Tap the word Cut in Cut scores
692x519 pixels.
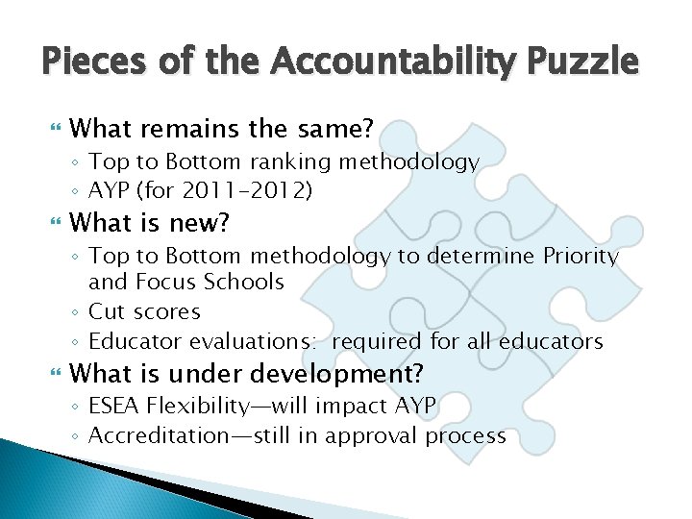[x=106, y=311]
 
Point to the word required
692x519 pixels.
[x=377, y=341]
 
